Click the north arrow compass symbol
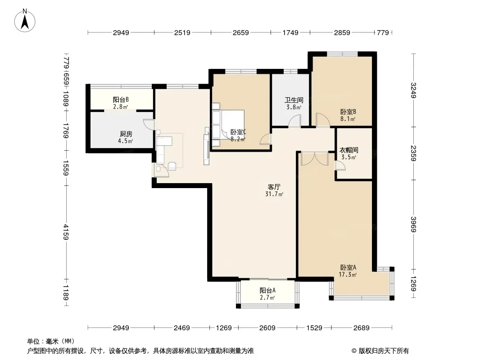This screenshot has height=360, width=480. (25, 21)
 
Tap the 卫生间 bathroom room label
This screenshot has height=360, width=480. (294, 100)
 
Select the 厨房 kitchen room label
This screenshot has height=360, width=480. (126, 134)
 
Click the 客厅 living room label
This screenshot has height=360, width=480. (274, 187)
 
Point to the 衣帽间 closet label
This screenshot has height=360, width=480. (349, 150)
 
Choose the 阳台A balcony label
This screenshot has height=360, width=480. (267, 290)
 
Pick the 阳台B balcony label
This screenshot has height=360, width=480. (121, 100)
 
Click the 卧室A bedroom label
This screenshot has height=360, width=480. (348, 267)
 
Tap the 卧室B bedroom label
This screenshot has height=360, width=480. (348, 112)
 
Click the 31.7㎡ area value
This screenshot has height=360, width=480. (274, 194)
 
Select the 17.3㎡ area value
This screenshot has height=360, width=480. (348, 274)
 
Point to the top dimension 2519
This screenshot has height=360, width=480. (182, 32)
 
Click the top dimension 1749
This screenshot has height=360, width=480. (290, 32)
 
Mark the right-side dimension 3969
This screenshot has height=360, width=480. (413, 225)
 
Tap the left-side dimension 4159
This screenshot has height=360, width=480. (66, 232)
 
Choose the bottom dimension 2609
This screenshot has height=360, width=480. (267, 328)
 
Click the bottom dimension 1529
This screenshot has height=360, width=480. (314, 328)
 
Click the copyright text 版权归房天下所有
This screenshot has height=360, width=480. (384, 351)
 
